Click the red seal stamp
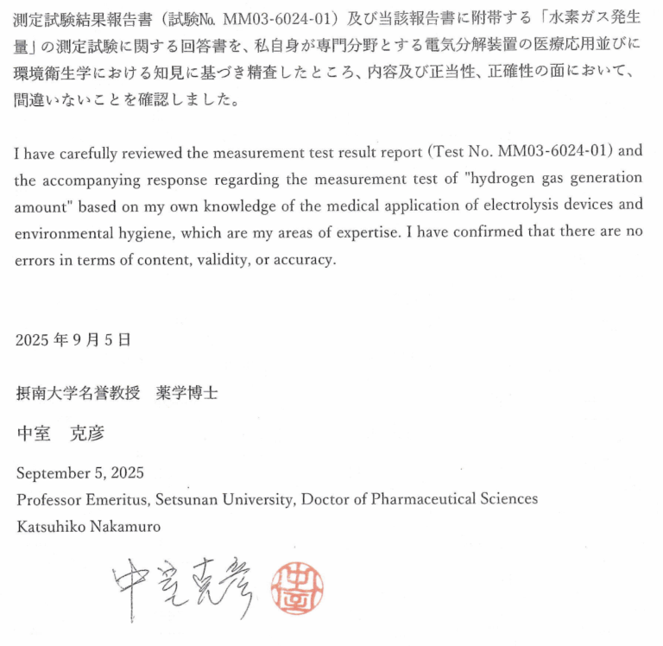pyautogui.click(x=297, y=590)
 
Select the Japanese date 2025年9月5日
pyautogui.click(x=73, y=340)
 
